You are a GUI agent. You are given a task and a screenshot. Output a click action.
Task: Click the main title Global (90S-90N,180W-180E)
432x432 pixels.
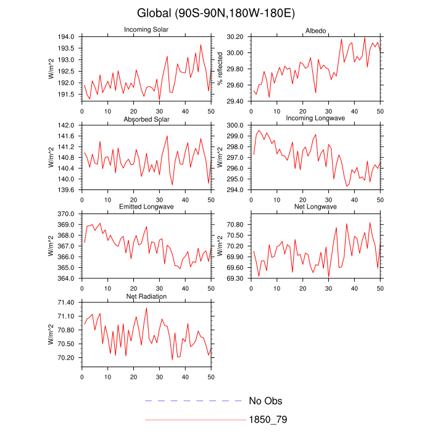(216, 13)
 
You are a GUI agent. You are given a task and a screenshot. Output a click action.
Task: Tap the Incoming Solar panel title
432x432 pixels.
(146, 30)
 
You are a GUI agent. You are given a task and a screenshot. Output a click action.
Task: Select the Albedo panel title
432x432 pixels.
(315, 31)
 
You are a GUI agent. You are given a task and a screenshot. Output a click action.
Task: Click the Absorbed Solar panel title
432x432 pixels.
(146, 118)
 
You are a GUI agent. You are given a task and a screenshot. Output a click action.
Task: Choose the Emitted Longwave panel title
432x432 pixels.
(146, 207)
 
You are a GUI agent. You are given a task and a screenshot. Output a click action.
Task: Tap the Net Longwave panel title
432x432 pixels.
(315, 207)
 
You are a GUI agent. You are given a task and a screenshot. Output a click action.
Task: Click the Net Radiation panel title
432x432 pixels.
(146, 296)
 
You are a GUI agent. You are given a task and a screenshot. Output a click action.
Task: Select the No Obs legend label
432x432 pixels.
(265, 401)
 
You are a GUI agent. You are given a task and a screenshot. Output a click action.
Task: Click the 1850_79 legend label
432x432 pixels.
(268, 420)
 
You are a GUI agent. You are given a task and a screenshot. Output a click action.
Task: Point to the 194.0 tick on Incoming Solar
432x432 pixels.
(66, 37)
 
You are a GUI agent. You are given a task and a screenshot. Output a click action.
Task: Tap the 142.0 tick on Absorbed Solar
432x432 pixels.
(66, 125)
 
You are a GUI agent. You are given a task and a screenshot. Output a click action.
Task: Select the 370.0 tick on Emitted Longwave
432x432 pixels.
(66, 214)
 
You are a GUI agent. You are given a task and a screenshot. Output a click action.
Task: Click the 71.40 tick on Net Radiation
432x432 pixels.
(66, 302)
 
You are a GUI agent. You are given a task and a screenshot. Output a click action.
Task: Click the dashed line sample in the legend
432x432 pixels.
(193, 401)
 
